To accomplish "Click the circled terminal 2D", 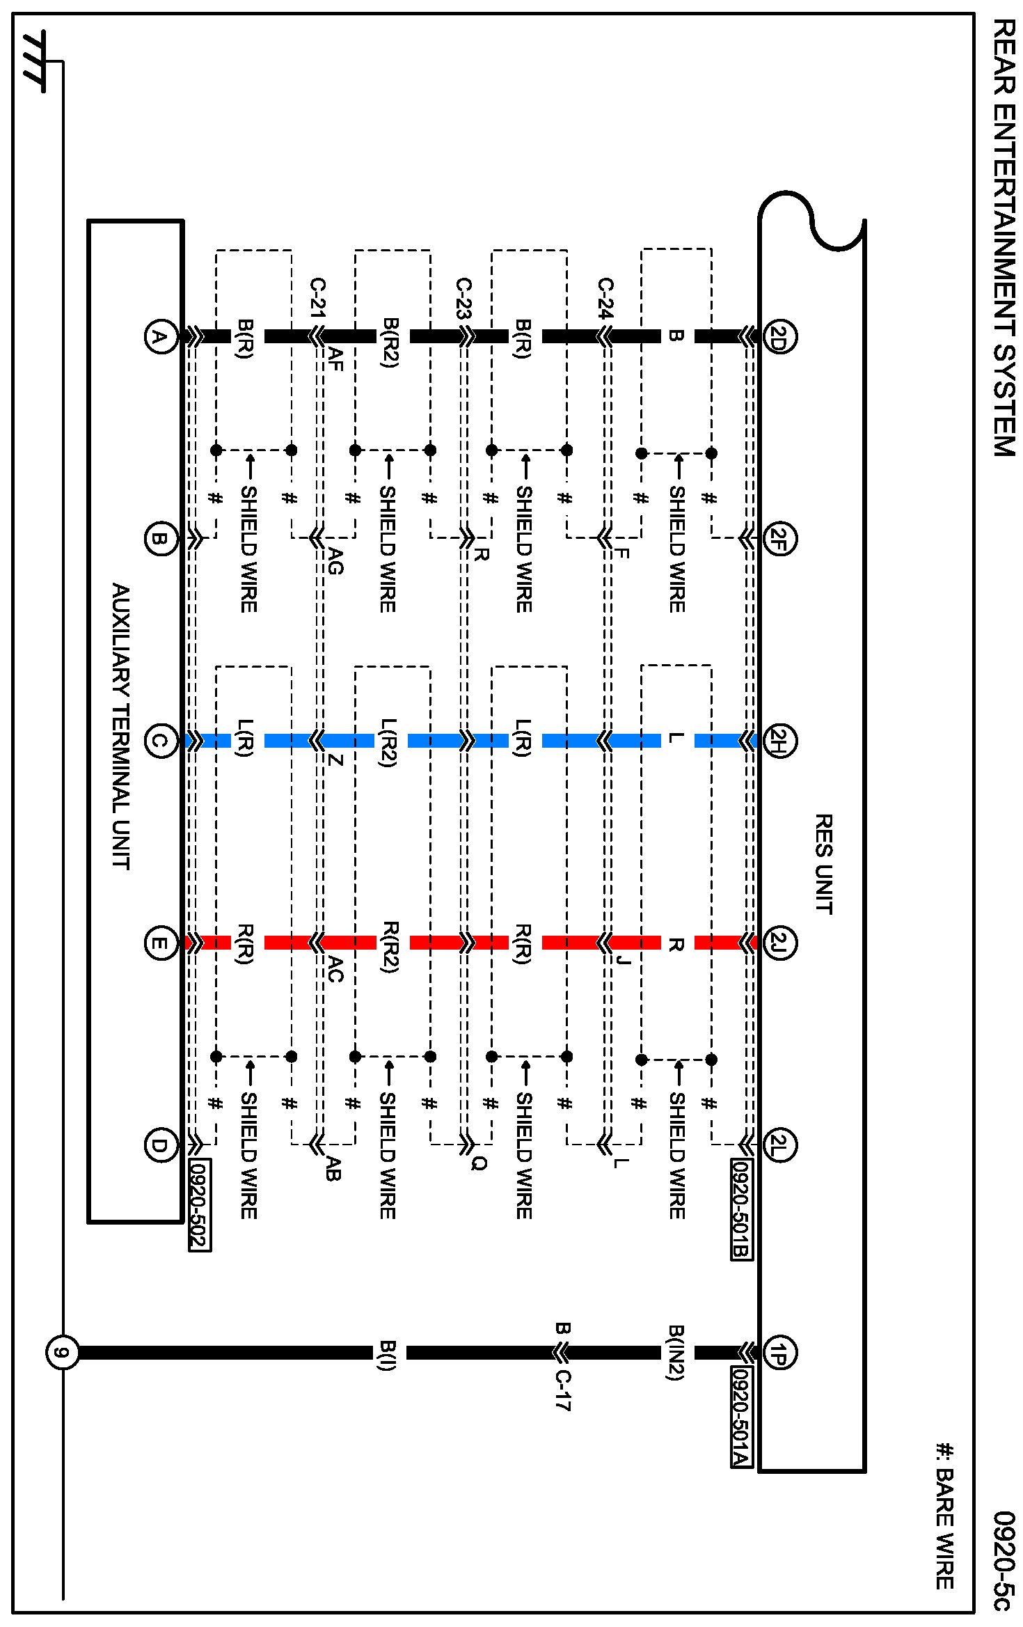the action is [x=779, y=336].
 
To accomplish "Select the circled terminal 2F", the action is [x=779, y=538].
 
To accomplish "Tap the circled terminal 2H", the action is [x=779, y=740].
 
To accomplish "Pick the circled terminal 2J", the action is [x=779, y=943].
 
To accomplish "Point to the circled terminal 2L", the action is [x=779, y=1145].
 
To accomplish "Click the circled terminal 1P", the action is [x=779, y=1352].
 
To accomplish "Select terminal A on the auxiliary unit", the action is [x=160, y=337].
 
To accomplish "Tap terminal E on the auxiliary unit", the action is [x=160, y=943].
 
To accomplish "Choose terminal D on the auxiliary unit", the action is [x=160, y=1145].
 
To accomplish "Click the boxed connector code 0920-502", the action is [x=200, y=1205].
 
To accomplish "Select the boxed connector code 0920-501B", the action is [x=741, y=1209].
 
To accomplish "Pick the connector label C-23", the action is [x=463, y=298].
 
